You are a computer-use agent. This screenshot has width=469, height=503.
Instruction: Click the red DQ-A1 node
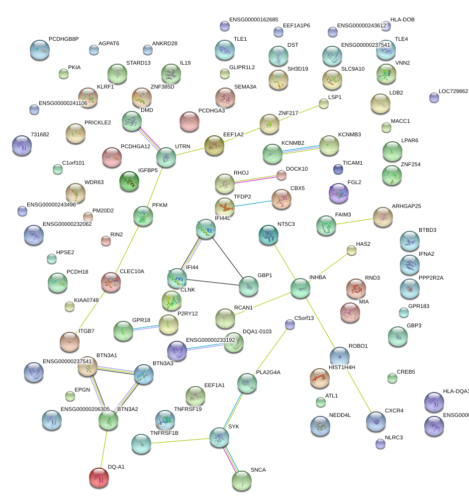pos(99,478)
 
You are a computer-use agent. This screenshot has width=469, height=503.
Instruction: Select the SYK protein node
pos(219,437)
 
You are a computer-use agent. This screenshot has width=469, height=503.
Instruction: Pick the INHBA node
pos(300,288)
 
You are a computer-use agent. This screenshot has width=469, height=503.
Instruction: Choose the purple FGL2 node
pos(339,193)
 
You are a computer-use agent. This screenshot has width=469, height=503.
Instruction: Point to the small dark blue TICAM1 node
pos(338,169)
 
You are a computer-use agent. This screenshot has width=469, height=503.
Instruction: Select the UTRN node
pos(166,157)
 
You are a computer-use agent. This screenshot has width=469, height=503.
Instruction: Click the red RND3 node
pos(356,288)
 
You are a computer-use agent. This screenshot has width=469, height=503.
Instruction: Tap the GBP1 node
pos(249,286)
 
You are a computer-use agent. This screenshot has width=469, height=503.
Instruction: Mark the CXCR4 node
pos(375,421)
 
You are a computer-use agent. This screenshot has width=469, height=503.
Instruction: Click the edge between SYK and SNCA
pos(230,459)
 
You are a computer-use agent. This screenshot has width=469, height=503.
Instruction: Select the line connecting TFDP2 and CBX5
pos(253,203)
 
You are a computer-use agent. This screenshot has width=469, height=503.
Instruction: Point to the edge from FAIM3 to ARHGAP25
pos(355,221)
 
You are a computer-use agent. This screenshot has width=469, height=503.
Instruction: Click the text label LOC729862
pos(453,92)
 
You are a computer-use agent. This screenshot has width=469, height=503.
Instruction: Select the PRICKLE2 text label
pos(97,122)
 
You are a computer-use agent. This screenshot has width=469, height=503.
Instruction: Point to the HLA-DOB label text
pos(402,20)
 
